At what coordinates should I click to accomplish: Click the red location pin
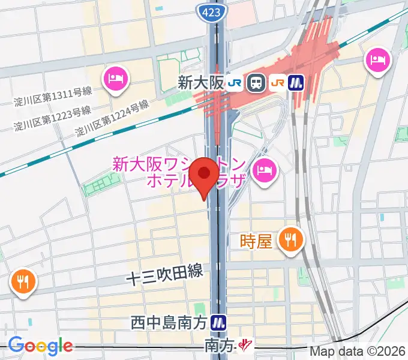pyautogui.click(x=205, y=176)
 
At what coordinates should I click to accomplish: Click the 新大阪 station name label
pyautogui.click(x=200, y=83)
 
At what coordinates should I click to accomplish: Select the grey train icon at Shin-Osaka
pyautogui.click(x=257, y=83)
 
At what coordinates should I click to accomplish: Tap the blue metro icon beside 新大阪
pyautogui.click(x=296, y=83)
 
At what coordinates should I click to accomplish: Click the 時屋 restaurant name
pyautogui.click(x=256, y=241)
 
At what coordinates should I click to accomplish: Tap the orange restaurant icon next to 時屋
pyautogui.click(x=290, y=240)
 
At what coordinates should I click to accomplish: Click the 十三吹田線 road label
pyautogui.click(x=164, y=276)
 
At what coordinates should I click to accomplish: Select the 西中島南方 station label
pyautogui.click(x=169, y=323)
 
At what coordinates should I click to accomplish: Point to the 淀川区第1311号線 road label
pyautogui.click(x=53, y=95)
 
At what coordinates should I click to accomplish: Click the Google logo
pyautogui.click(x=40, y=346)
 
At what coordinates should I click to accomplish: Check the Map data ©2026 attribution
pyautogui.click(x=358, y=351)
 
